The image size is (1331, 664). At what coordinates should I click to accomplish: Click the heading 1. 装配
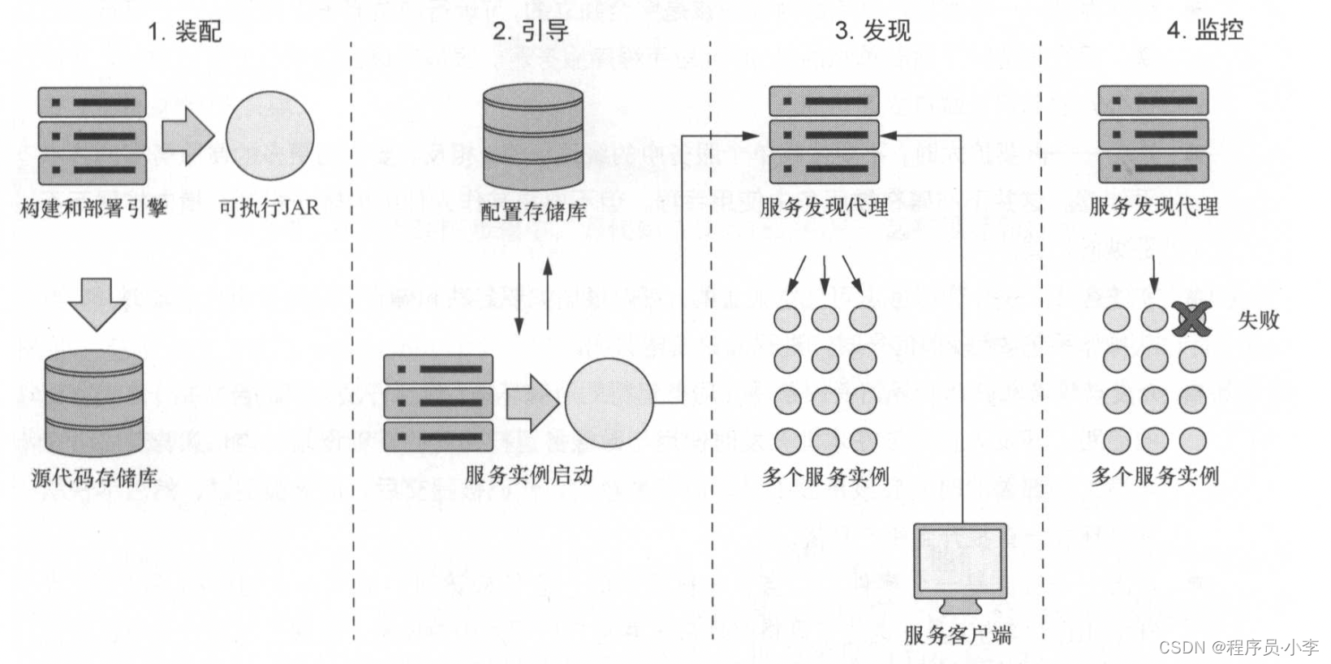coord(184,31)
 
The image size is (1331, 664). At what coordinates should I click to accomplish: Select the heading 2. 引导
coord(530,31)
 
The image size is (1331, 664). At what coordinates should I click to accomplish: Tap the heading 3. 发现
coord(872,31)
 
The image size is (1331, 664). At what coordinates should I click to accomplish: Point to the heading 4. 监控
coord(1204,30)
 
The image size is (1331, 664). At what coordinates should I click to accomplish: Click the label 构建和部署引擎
coord(93,209)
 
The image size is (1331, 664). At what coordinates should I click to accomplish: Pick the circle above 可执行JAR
coord(269,135)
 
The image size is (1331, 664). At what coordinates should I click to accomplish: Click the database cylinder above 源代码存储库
coord(94,403)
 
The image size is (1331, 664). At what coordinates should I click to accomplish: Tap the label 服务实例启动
coord(528,475)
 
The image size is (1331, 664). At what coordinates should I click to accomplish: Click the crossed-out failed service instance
coord(1191,319)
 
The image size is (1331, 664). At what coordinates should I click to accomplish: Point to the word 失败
coord(1258,320)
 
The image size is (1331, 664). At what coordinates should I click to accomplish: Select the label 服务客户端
coord(958,634)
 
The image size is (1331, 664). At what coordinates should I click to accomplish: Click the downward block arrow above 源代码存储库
coord(97,303)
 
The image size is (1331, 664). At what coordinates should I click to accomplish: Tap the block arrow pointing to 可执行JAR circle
coord(187,136)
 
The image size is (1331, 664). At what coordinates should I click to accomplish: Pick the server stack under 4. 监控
coord(1153,135)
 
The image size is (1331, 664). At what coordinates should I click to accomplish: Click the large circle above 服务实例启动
coord(609,403)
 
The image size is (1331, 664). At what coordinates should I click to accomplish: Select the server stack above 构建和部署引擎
coord(93,136)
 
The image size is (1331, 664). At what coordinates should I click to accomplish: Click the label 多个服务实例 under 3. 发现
coord(825,476)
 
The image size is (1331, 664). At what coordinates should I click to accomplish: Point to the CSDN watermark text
coord(1238,647)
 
